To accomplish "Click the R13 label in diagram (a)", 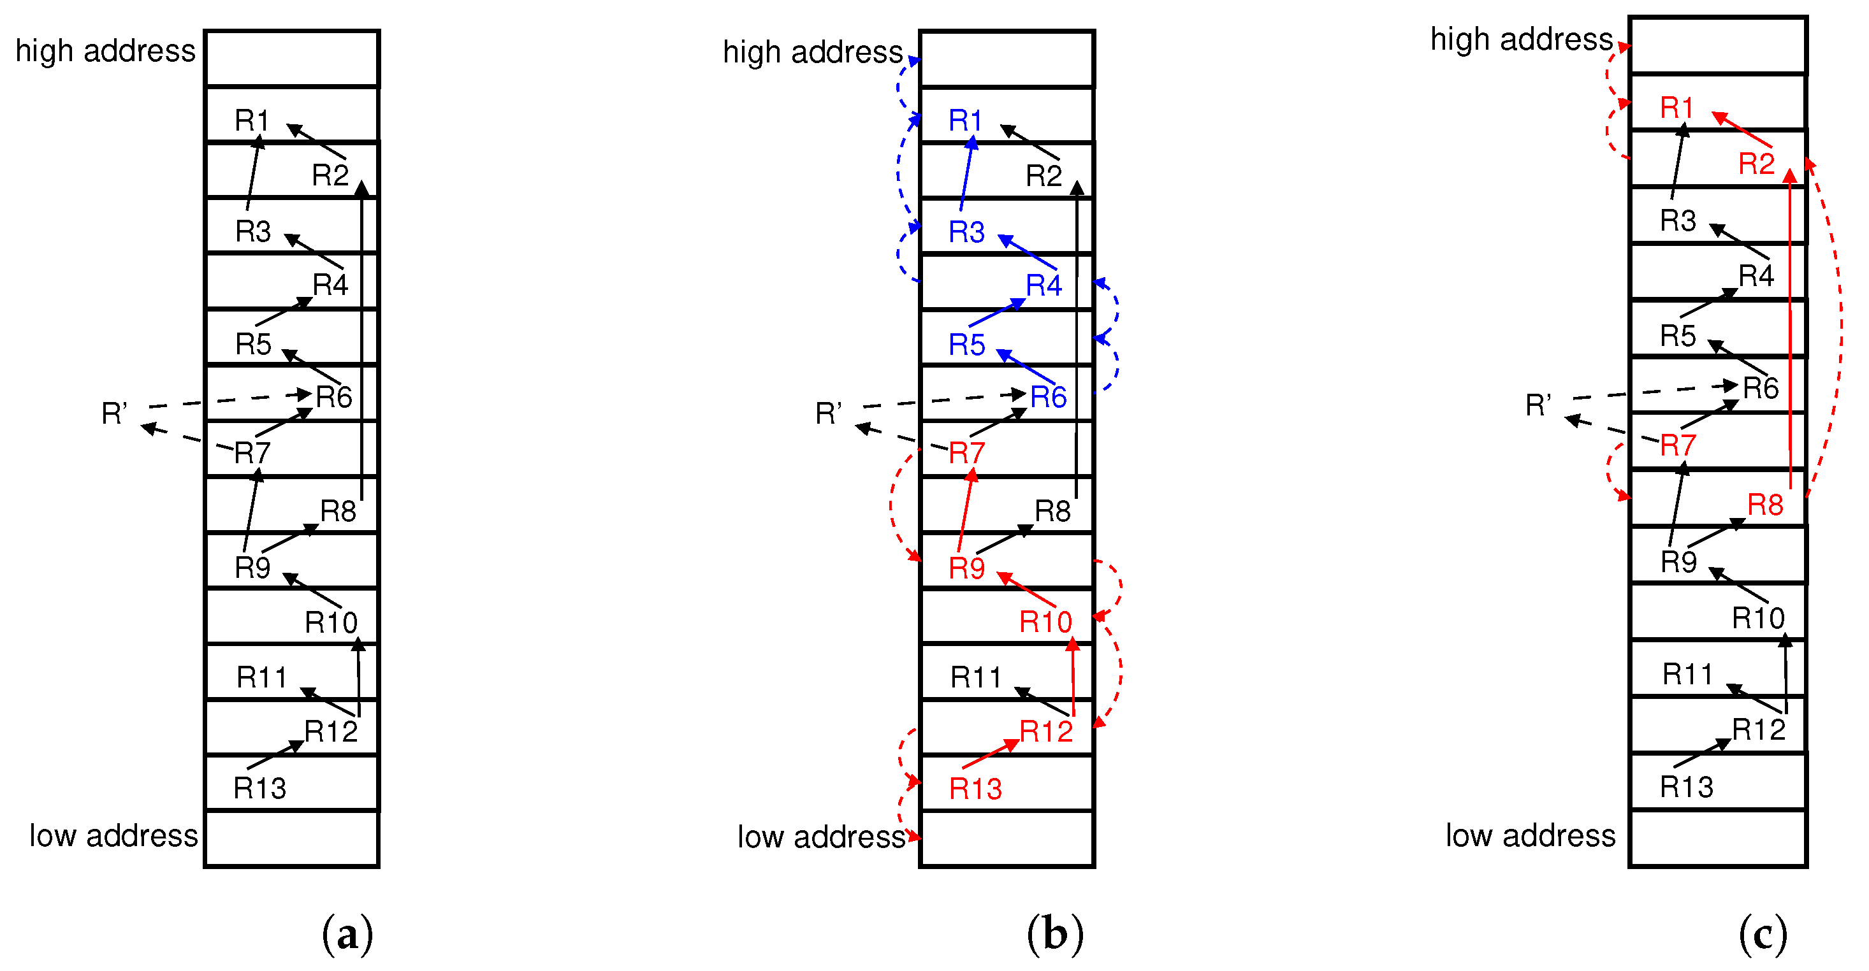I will [259, 788].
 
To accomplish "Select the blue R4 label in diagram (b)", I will [1044, 285].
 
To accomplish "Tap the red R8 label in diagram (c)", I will [1764, 505].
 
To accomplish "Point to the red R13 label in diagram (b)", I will [975, 789].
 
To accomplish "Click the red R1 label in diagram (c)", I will [1676, 108].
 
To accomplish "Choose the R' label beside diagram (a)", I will [114, 414].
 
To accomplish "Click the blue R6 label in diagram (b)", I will [1048, 398].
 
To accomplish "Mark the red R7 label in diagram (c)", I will [1678, 445].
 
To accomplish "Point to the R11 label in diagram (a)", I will [261, 677].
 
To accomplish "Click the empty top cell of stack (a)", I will [292, 59].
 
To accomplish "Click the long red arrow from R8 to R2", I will [1790, 326].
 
